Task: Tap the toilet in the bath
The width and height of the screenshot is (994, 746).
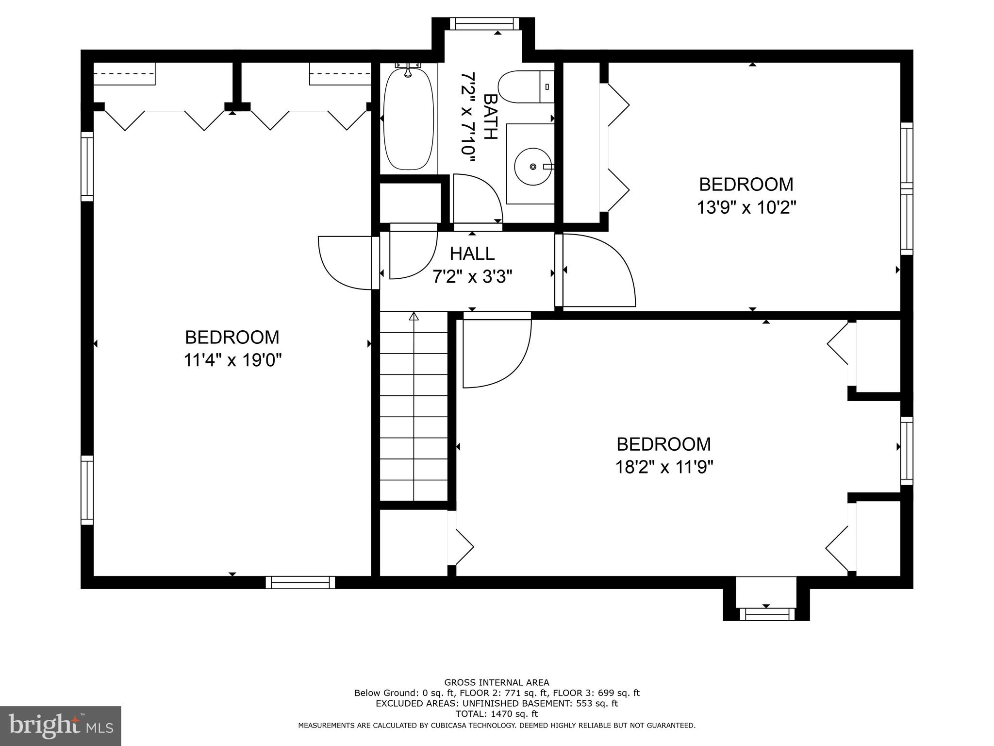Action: click(x=524, y=87)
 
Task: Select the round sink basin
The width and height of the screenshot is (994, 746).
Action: click(x=533, y=167)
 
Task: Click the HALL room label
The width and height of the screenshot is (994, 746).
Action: click(x=472, y=254)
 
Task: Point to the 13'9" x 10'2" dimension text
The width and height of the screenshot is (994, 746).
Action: click(x=746, y=208)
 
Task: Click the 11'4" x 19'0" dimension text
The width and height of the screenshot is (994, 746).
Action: click(x=232, y=360)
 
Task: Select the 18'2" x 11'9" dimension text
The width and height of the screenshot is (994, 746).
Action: click(x=664, y=467)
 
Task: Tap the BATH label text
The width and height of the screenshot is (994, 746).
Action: click(x=490, y=117)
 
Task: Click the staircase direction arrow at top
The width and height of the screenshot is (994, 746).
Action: click(x=414, y=317)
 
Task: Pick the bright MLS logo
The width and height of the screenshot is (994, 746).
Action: click(x=60, y=726)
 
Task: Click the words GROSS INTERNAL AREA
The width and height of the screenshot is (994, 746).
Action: click(x=497, y=682)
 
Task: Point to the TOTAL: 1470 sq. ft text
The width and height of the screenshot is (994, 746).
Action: click(x=497, y=714)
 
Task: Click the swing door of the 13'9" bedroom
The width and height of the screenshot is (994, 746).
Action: click(x=597, y=272)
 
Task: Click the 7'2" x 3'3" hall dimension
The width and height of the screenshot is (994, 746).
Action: click(x=472, y=277)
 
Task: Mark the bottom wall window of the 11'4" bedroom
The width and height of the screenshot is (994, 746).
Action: click(x=300, y=582)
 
